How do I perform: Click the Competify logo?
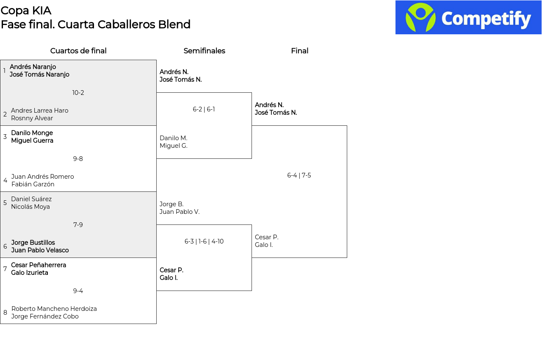[468, 17]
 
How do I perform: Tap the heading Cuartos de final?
[78, 51]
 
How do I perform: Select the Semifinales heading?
[204, 51]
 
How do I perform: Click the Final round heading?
[299, 51]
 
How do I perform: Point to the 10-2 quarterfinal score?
[78, 93]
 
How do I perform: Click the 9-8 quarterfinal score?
[78, 159]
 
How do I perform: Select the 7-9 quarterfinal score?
[78, 225]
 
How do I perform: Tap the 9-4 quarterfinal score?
[78, 291]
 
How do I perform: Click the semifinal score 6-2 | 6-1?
[204, 109]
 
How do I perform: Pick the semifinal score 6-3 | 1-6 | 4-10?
[204, 241]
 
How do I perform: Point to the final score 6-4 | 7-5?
[299, 175]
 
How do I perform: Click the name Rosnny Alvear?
[32, 118]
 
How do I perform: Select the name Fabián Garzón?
[33, 184]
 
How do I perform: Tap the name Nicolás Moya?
[30, 207]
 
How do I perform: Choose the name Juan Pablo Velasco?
[40, 250]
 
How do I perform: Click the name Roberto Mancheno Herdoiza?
[54, 309]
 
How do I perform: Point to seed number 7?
[5, 269]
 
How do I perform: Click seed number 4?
[6, 180]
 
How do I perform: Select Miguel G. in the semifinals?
[174, 146]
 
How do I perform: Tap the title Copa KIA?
[26, 11]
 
